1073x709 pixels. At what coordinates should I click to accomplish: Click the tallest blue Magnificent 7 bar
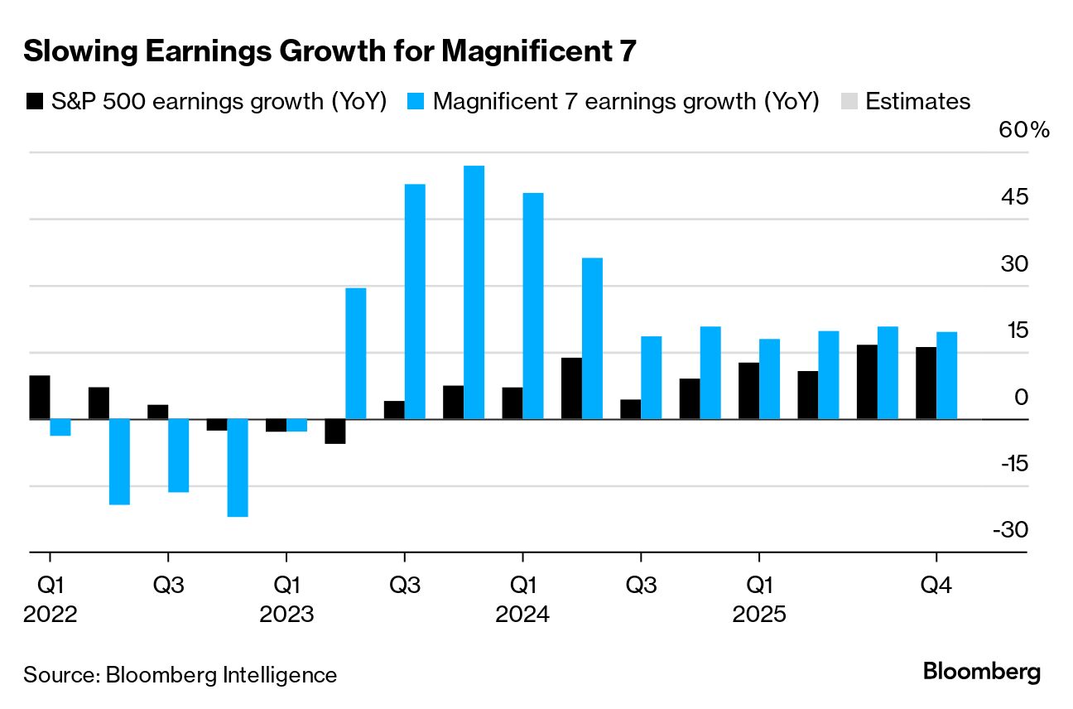474,292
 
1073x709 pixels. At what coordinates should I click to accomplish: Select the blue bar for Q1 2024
533,306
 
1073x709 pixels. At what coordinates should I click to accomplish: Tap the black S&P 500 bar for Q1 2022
40,398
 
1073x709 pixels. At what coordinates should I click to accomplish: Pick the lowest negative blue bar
238,467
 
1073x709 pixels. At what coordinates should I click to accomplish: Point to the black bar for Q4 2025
926,383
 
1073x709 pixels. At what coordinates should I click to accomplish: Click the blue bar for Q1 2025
769,379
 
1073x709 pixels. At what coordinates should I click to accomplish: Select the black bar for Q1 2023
276,425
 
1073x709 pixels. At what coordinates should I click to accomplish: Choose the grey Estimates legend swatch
849,102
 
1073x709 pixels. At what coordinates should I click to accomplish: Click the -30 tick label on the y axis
1011,529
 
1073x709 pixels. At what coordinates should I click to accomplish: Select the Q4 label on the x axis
936,586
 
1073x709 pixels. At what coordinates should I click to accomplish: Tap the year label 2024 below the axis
522,615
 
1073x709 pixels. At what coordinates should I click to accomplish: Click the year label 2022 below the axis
51,615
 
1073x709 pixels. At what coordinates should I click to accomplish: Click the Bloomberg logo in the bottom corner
982,672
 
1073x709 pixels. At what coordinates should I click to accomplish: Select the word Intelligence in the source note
280,675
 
